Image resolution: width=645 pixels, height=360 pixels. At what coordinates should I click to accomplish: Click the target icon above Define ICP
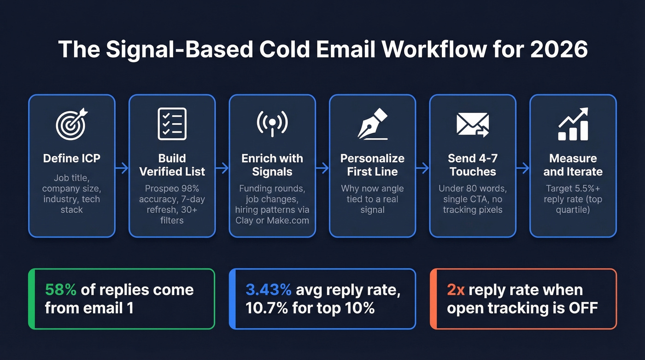(x=71, y=124)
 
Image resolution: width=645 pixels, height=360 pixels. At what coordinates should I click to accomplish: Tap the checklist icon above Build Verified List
(x=172, y=124)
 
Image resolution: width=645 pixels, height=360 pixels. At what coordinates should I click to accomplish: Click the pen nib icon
(x=373, y=124)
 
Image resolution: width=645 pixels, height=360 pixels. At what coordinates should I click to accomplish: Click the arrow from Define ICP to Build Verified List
(x=122, y=168)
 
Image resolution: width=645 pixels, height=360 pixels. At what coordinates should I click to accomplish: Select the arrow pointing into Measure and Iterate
(x=522, y=168)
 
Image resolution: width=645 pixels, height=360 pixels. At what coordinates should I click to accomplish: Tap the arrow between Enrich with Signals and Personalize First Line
(x=322, y=168)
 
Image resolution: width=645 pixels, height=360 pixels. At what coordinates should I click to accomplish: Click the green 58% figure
(x=61, y=290)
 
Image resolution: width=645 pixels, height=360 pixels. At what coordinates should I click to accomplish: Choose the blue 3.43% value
(x=269, y=290)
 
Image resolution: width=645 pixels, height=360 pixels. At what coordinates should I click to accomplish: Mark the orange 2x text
(x=455, y=290)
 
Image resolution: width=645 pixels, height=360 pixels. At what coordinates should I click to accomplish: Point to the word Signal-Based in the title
(x=177, y=49)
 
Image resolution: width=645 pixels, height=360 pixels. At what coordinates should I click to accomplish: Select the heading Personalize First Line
(x=372, y=165)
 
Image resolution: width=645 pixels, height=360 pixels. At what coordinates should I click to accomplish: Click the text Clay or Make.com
(x=272, y=220)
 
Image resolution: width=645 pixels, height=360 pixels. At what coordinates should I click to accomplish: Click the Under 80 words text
(x=472, y=189)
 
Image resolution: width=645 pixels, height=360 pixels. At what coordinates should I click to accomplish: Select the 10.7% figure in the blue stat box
(x=266, y=308)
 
